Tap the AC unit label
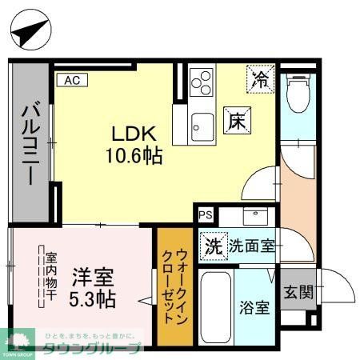(70, 79)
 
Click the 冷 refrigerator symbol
(261, 78)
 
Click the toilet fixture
(298, 92)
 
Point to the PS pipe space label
(206, 214)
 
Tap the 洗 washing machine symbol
(213, 245)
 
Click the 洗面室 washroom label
(253, 246)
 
